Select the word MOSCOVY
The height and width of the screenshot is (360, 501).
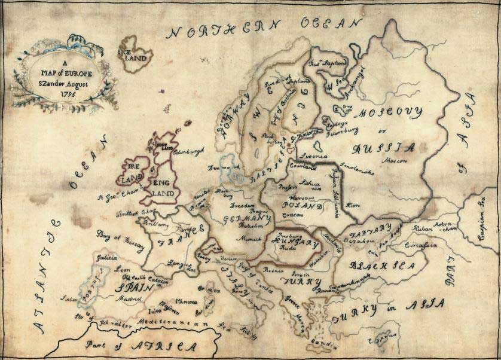[390, 112]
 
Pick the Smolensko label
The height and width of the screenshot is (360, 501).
[357, 169]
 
